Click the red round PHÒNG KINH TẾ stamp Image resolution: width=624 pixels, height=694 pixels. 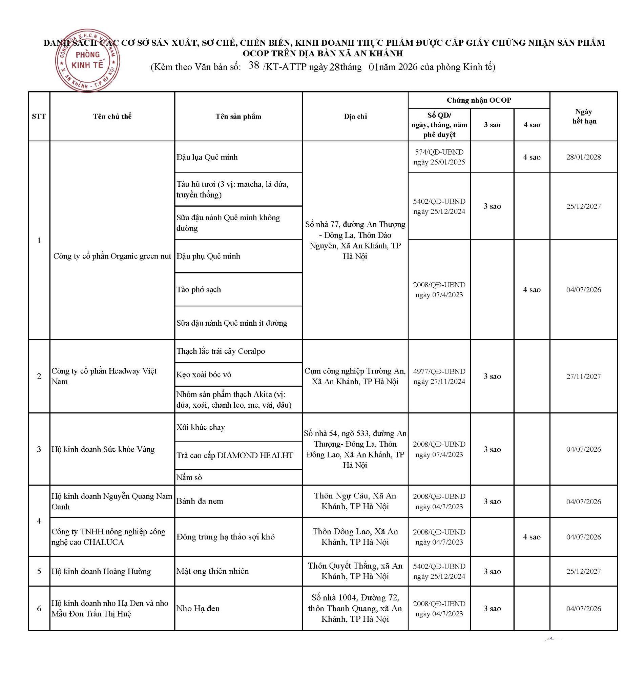point(87,61)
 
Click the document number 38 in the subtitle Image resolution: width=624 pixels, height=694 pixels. point(254,65)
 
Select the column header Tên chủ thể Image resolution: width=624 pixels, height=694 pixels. point(112,116)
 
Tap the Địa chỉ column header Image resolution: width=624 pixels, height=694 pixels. point(355,116)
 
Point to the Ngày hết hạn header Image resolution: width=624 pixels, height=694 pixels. point(584,116)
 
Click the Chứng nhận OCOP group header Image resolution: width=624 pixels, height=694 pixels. point(479,100)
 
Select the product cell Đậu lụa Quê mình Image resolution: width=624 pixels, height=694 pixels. point(207,157)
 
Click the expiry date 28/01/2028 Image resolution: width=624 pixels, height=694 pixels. point(584,157)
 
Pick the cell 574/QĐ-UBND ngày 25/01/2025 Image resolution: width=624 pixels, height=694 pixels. point(439,157)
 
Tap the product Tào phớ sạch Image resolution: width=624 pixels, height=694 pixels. point(199,289)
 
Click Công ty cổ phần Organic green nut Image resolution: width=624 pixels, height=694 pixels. point(112,256)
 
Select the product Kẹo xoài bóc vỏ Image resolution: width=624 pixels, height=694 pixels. point(204,374)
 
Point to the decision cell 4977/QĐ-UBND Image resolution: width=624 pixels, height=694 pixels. point(439,376)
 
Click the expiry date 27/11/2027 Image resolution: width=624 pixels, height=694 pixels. point(584,376)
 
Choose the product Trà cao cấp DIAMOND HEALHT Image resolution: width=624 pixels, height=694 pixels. point(235,455)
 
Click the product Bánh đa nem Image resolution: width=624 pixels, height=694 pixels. point(200,501)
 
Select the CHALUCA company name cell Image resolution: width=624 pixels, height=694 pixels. point(108,537)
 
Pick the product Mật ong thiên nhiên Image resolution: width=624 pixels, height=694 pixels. point(212,571)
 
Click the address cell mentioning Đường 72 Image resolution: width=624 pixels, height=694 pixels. point(355,608)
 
